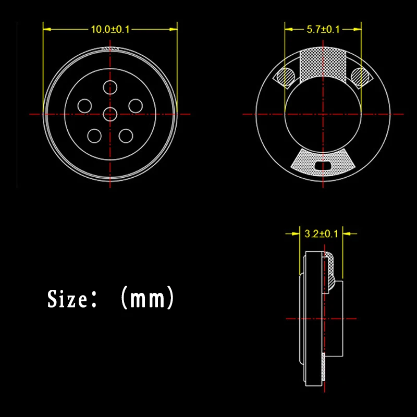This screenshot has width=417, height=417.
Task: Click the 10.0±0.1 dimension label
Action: (110, 29)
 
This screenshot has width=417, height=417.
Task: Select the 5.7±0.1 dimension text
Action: (323, 29)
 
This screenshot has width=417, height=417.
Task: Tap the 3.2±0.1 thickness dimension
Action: (321, 234)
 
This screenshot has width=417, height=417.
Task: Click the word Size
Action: (67, 299)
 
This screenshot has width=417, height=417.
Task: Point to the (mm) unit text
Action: (148, 297)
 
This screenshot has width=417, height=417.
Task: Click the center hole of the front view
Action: (110, 114)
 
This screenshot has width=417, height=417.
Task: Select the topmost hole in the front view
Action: (110, 88)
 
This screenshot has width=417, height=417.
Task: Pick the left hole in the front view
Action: (84, 106)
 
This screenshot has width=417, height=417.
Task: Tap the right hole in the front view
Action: (136, 106)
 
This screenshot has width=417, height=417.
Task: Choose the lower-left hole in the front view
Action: (94, 136)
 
